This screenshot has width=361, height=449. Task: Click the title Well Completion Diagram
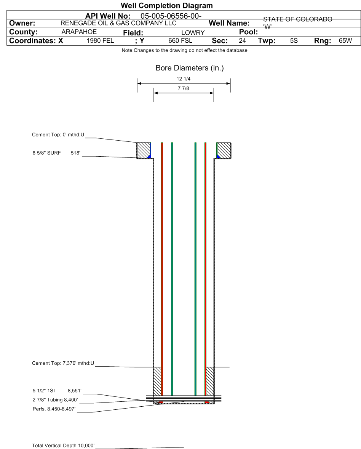tap(167, 5)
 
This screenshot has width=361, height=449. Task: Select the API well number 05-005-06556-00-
tap(171, 16)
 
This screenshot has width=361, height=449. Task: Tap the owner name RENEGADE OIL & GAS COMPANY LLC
tap(118, 23)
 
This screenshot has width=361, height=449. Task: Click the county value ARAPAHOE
tap(79, 32)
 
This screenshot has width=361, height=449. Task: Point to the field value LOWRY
tap(193, 33)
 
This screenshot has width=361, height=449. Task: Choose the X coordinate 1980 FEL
tap(100, 41)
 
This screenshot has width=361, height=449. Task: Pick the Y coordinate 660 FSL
tap(180, 41)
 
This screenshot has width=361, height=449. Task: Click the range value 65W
tap(345, 41)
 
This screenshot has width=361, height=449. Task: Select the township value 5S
tap(294, 41)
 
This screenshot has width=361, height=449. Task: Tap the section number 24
tap(242, 41)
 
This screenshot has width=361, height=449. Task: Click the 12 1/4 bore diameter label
tap(184, 79)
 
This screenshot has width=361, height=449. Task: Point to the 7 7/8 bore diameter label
tap(184, 88)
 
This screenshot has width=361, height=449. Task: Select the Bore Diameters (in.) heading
tap(190, 68)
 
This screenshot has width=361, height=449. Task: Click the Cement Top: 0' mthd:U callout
tap(58, 135)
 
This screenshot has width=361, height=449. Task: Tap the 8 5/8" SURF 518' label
tap(56, 153)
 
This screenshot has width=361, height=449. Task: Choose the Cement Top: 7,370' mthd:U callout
tap(63, 363)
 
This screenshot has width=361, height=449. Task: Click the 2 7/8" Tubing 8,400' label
tap(55, 400)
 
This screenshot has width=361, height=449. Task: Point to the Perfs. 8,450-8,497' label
tap(54, 409)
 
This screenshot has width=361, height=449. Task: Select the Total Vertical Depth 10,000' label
tap(63, 445)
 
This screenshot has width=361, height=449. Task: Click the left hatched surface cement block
tap(143, 150)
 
